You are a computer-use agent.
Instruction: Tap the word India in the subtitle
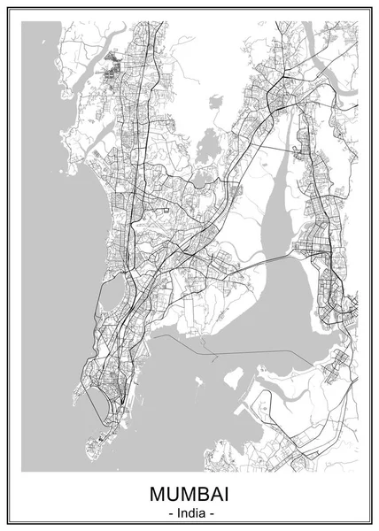pos(189,512)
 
